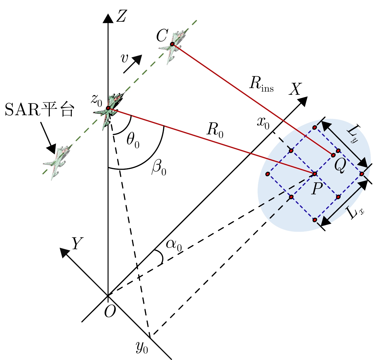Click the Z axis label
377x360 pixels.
click(x=121, y=16)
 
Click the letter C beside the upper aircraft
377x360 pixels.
click(x=162, y=36)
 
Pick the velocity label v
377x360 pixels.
click(x=125, y=58)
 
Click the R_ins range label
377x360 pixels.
click(x=261, y=85)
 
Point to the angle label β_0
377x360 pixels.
click(x=159, y=169)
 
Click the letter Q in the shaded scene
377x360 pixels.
click(x=339, y=166)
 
